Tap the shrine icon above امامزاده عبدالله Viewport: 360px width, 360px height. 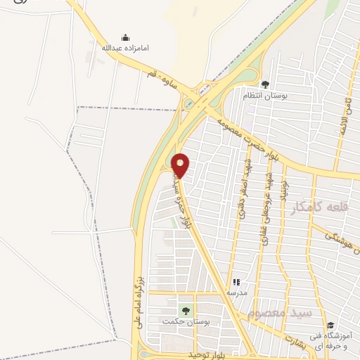(125, 38)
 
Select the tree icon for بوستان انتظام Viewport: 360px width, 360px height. (264, 85)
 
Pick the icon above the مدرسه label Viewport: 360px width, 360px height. (236, 282)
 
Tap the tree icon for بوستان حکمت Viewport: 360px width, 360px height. (186, 310)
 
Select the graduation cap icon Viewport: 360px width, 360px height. (330, 325)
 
